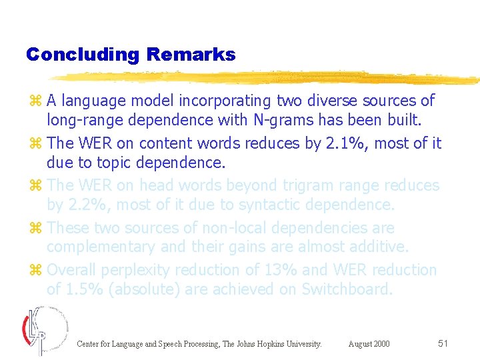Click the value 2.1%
click(342, 143)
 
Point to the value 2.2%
click(86, 204)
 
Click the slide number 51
click(443, 343)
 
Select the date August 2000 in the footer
click(369, 344)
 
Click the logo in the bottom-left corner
click(44, 330)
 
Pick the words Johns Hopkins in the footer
click(260, 344)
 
